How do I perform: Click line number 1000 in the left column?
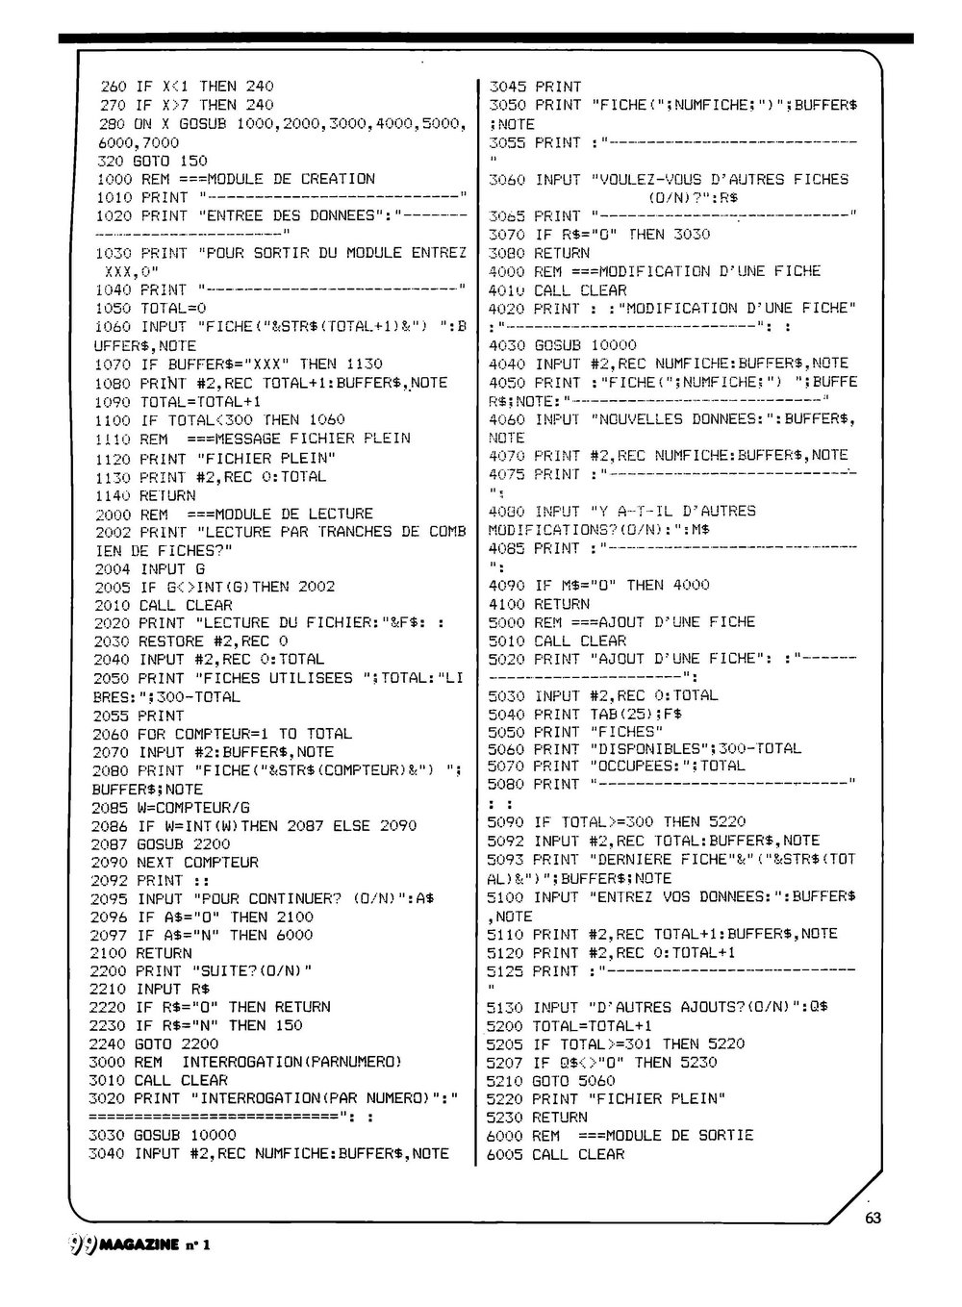coord(114,179)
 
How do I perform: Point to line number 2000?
coord(114,514)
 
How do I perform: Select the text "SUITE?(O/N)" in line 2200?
coord(246,970)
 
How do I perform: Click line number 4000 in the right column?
coord(508,271)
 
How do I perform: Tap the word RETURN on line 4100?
coord(561,604)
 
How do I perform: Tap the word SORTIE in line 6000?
coord(721,1136)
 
